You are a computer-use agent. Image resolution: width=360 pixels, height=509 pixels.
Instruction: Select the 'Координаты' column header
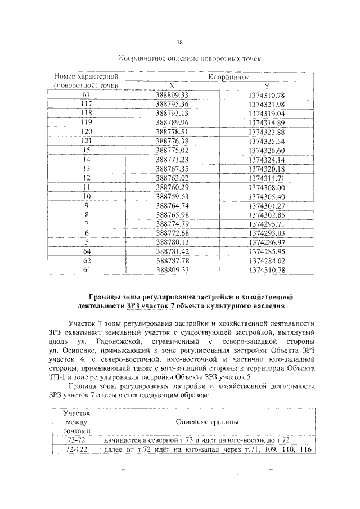tap(230, 77)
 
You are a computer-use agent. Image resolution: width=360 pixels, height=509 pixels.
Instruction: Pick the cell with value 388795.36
tap(174, 104)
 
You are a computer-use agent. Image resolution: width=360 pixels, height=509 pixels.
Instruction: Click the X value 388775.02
tap(174, 150)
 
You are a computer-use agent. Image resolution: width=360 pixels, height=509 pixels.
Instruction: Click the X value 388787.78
tap(174, 260)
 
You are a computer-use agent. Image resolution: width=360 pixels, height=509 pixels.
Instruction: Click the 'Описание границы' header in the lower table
tap(206, 421)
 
